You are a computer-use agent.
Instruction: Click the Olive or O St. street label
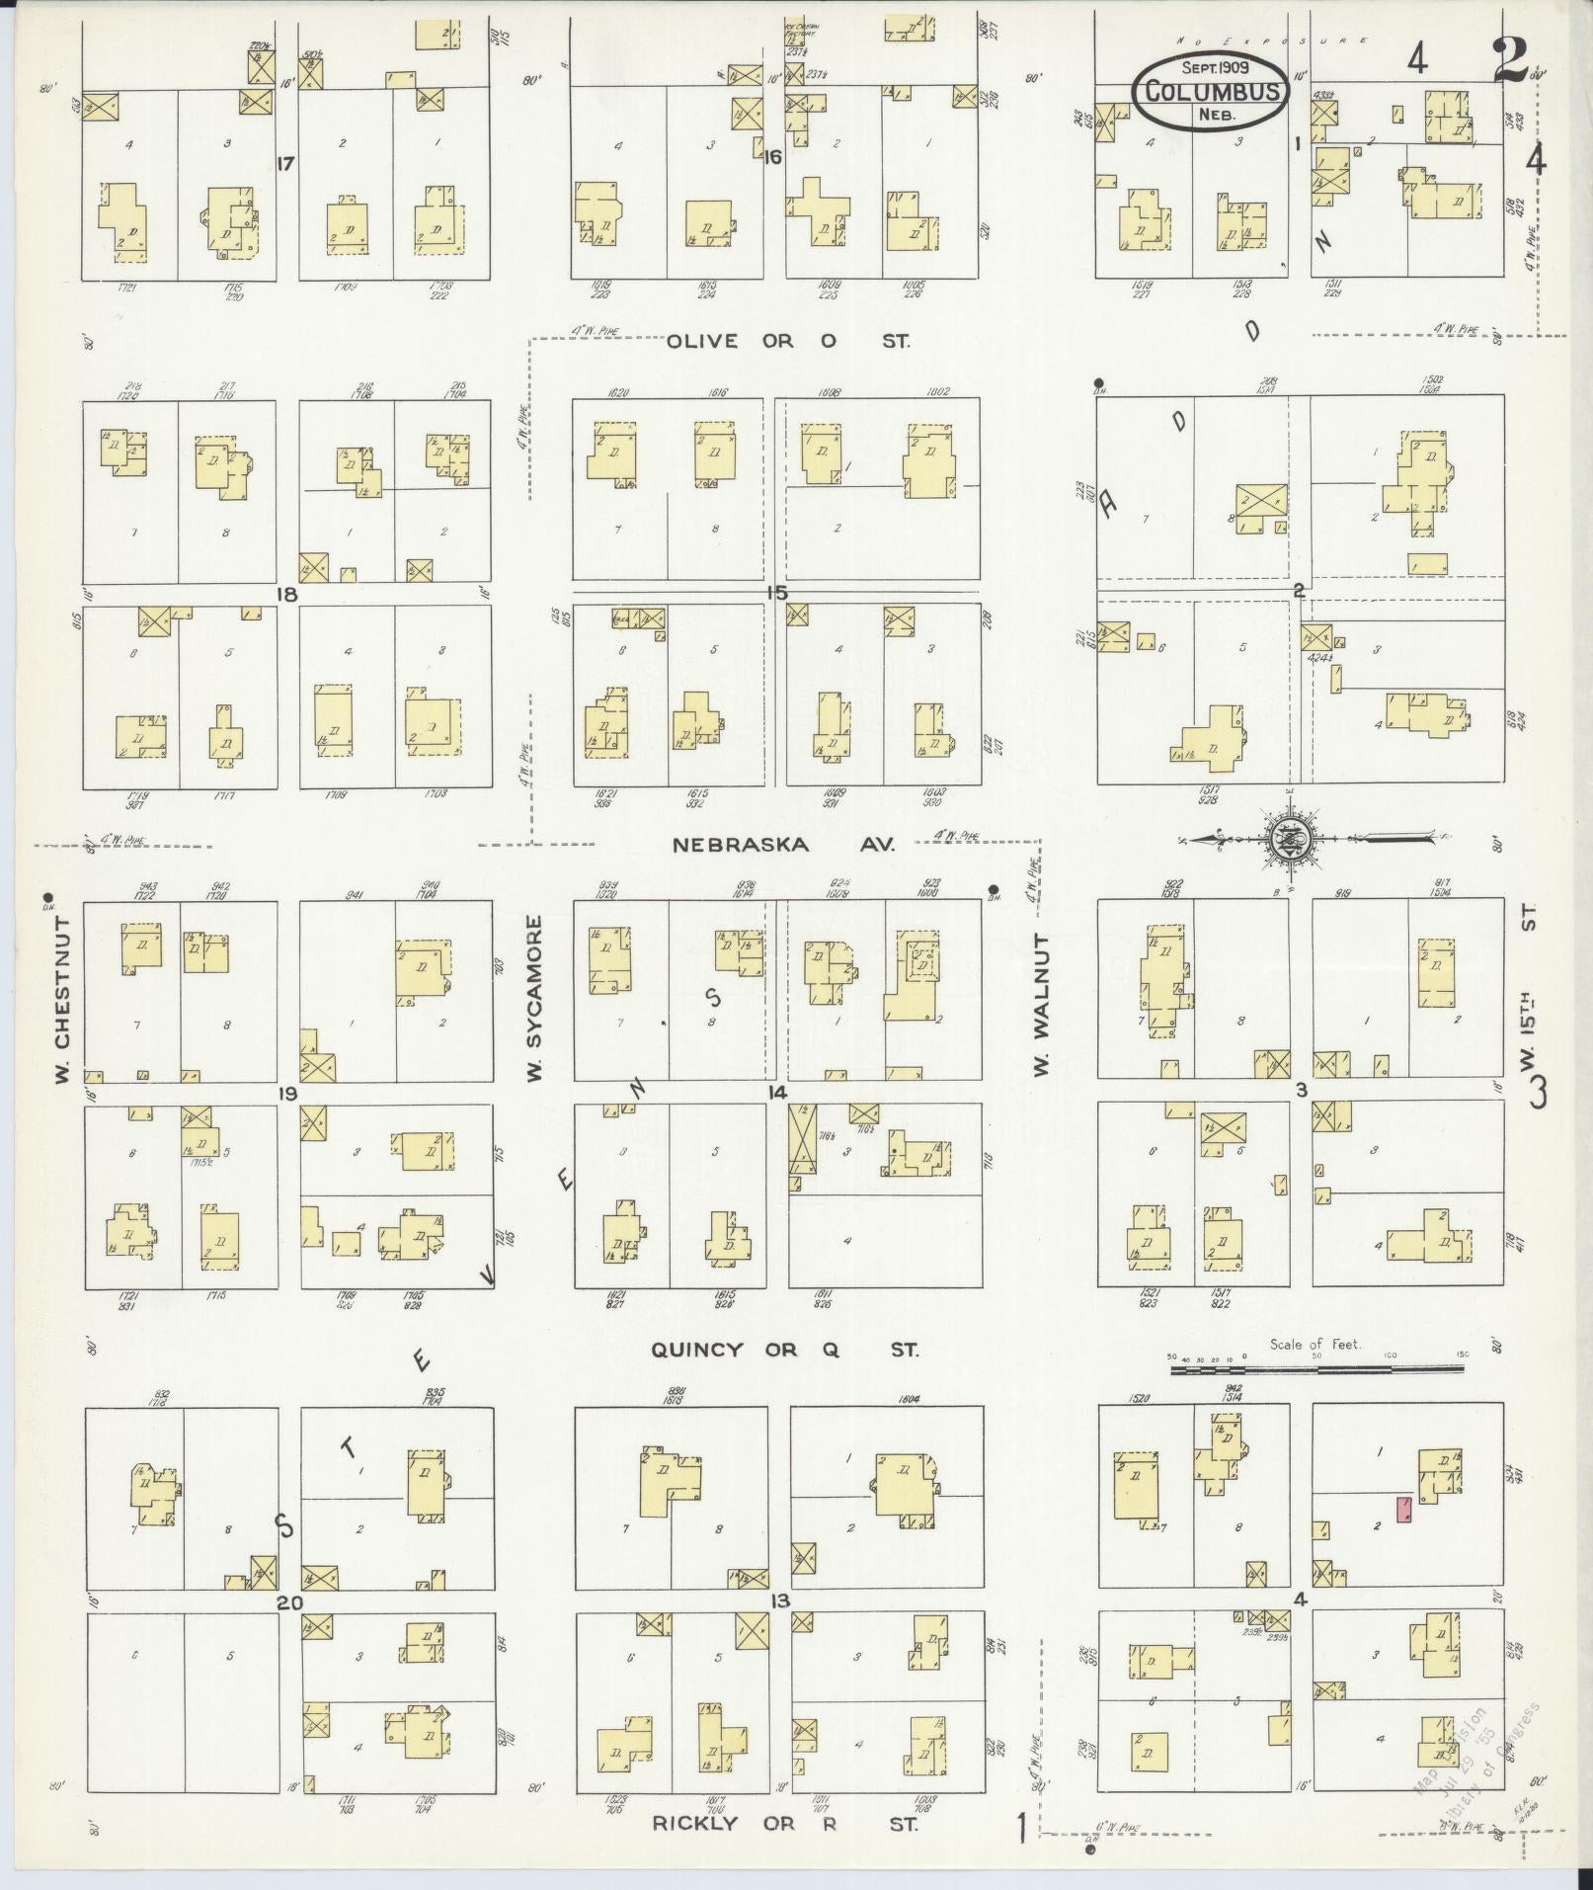click(788, 341)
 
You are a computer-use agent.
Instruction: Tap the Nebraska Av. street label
click(783, 845)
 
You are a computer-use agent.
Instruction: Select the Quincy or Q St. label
click(784, 1350)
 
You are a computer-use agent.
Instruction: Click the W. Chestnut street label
click(61, 998)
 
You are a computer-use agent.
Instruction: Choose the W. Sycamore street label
click(534, 998)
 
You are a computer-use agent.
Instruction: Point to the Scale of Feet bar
click(1316, 1369)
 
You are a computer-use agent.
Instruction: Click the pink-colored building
click(1402, 1509)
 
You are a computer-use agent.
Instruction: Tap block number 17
click(286, 164)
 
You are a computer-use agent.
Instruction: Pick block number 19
click(287, 1094)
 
